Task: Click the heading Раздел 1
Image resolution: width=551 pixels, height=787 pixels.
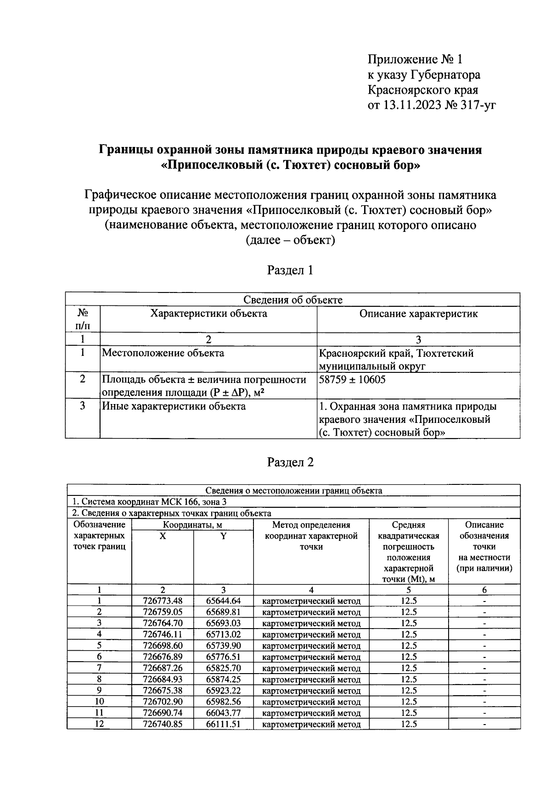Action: (290, 270)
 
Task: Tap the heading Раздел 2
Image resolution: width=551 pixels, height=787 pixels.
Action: (290, 462)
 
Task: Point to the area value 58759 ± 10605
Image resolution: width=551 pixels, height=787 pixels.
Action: (352, 379)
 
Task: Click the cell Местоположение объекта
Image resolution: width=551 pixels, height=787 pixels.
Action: (163, 353)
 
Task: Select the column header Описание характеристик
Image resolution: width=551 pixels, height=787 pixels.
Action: (418, 314)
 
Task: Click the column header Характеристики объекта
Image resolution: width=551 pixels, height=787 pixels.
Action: (208, 314)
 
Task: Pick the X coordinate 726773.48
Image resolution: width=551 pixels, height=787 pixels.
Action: (163, 601)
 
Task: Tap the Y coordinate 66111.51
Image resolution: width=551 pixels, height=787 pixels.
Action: (223, 724)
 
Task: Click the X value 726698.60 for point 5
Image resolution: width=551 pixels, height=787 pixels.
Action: (163, 645)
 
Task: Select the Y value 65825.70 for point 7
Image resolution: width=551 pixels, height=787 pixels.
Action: (223, 668)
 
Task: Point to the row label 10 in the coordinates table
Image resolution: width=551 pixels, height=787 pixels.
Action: (99, 701)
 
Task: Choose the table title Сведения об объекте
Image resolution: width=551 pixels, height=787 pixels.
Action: (292, 300)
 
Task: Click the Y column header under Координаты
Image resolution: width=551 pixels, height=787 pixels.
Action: (223, 536)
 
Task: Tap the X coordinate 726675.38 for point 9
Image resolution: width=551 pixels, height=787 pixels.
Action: (163, 690)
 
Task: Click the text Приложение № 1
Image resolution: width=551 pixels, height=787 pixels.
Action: (416, 60)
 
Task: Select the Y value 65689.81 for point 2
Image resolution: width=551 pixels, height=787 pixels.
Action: (223, 612)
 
